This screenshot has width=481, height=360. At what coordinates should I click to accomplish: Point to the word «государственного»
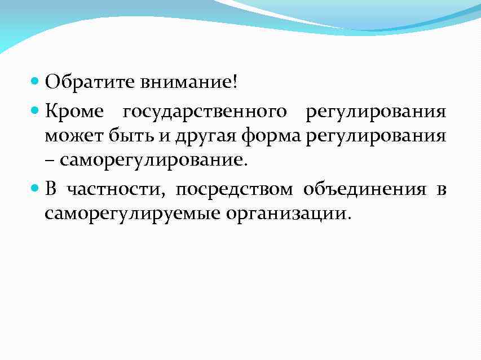[x=205, y=112]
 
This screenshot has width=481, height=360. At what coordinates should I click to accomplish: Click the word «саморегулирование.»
[x=153, y=161]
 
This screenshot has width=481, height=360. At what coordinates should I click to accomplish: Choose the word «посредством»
[x=234, y=190]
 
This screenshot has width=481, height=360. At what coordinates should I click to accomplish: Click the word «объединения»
[x=365, y=190]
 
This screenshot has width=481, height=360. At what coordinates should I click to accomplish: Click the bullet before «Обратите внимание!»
[x=35, y=82]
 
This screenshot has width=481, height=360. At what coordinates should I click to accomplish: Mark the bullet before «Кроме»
[x=35, y=111]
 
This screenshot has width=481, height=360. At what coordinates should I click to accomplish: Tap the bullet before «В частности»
[x=35, y=189]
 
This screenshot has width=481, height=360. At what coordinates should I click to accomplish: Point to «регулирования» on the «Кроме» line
[x=376, y=112]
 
